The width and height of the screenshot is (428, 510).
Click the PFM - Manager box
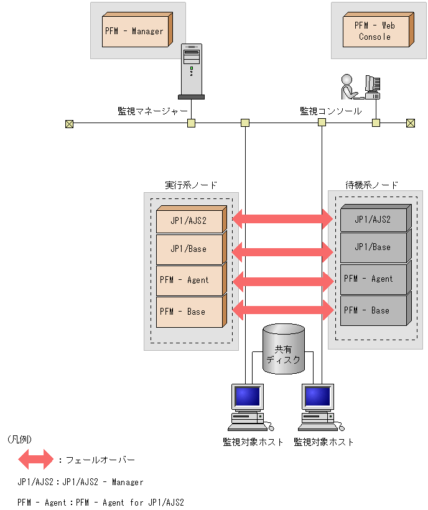click(x=137, y=30)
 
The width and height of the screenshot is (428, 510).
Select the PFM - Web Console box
click(x=378, y=30)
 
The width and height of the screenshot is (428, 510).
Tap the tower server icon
click(x=191, y=72)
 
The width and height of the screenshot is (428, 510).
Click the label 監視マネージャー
click(x=152, y=111)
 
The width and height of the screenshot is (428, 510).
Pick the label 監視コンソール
click(x=330, y=111)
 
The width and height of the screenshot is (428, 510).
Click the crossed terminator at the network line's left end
click(x=69, y=124)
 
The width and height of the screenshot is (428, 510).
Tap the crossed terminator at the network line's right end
click(x=411, y=123)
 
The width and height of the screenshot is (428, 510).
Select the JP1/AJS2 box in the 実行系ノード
click(x=191, y=219)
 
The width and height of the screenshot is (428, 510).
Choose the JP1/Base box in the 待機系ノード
click(x=376, y=246)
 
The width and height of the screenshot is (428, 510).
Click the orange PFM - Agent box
click(x=191, y=279)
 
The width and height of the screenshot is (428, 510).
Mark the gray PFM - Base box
click(x=376, y=309)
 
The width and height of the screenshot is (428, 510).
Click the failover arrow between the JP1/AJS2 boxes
click(x=283, y=219)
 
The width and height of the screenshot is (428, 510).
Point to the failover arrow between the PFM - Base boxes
click(x=283, y=310)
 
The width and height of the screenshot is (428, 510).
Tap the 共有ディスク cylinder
click(x=284, y=349)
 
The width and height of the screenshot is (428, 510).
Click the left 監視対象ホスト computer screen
click(x=248, y=396)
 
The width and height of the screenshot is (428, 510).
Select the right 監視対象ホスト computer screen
click(x=318, y=396)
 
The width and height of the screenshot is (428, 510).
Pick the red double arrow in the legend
click(x=36, y=459)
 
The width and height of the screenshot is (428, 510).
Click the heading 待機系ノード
click(x=372, y=185)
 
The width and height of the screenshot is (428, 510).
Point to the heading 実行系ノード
click(x=191, y=185)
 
